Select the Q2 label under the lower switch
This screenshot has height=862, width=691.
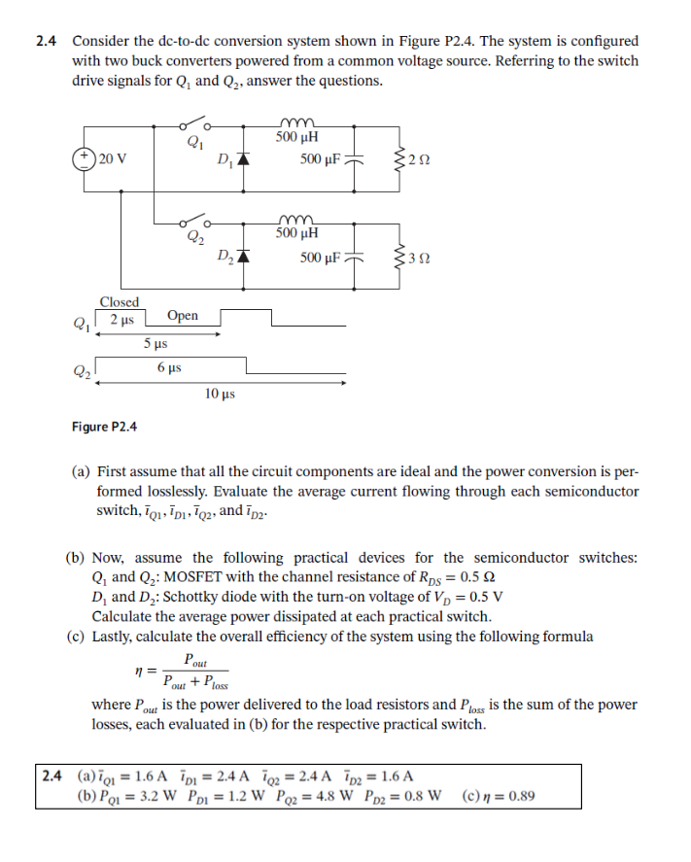[x=193, y=238]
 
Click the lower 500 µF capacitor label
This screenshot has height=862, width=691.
[x=321, y=258]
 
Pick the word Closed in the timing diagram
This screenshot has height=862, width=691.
[x=120, y=302]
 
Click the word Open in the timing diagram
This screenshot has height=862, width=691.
[x=182, y=316]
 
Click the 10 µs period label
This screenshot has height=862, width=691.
[x=220, y=394]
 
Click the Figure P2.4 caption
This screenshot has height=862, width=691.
[x=104, y=427]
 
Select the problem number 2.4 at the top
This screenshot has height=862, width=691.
[x=47, y=41]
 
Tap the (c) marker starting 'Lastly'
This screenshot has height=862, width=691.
[x=75, y=637]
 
